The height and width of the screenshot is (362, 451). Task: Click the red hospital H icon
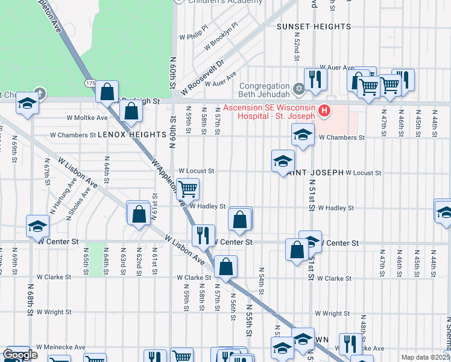pos(324,111)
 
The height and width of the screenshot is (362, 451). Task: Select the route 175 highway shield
pos(90,82)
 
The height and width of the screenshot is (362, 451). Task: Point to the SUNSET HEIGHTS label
pos(314,27)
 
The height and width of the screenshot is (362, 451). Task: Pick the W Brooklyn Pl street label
pos(221,37)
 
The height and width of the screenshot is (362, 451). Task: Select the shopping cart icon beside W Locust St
pos(188,189)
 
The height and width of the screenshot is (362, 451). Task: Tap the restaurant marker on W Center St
pos(203,235)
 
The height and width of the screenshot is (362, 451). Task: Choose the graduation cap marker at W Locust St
pos(283,161)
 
